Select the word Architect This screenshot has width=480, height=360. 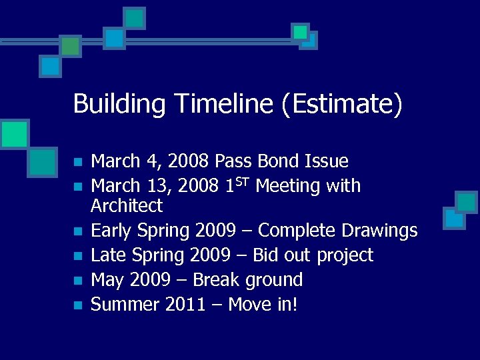[127, 205]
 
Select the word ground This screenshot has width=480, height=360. [275, 280]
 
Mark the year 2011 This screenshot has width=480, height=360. [183, 305]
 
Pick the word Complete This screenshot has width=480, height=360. [297, 231]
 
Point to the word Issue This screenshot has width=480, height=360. [326, 161]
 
